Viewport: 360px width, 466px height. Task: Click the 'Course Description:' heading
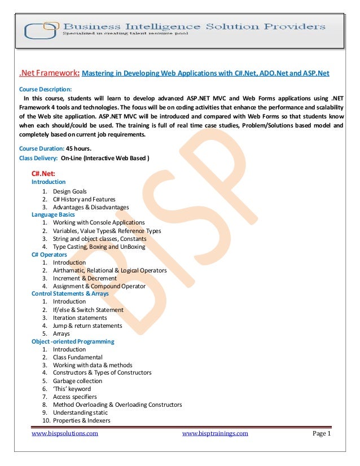click(x=46, y=89)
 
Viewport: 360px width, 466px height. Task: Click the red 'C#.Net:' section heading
click(x=43, y=173)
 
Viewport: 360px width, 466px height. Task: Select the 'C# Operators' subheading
click(x=49, y=254)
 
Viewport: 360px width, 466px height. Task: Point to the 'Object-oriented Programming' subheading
click(x=73, y=341)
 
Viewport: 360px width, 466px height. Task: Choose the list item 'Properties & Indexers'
click(x=82, y=420)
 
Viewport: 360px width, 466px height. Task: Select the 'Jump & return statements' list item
click(x=87, y=326)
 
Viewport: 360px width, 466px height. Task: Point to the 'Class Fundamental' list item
click(x=78, y=357)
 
